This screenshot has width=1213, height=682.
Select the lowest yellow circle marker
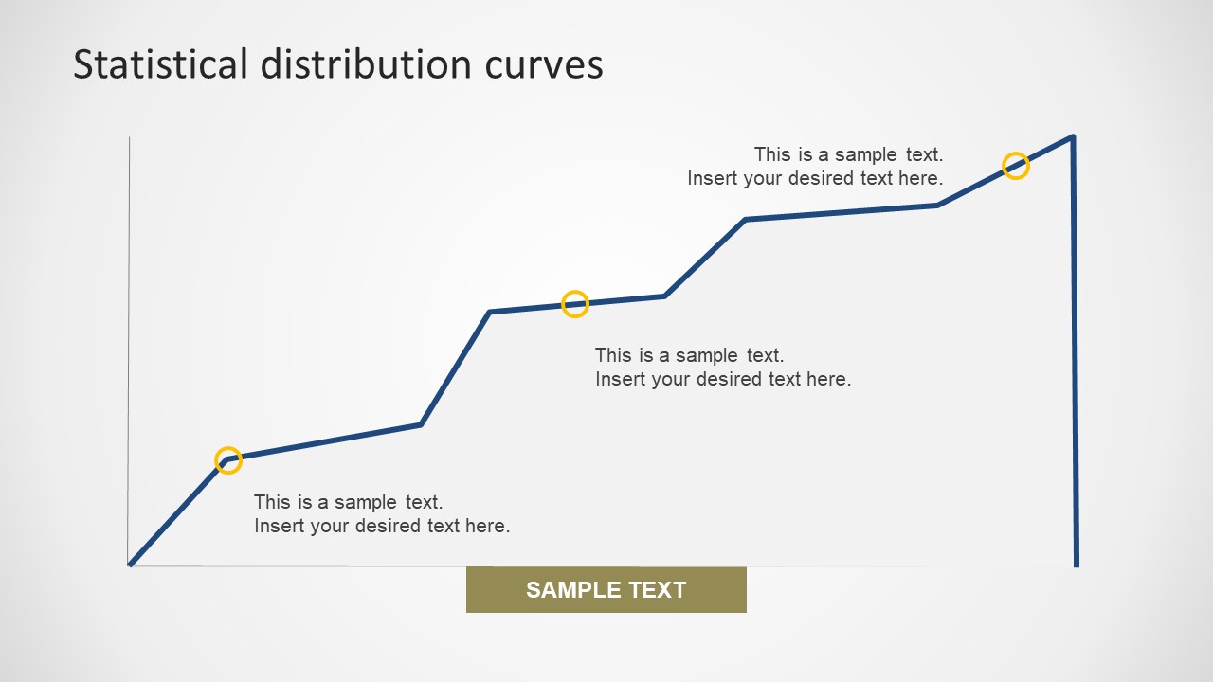pyautogui.click(x=228, y=460)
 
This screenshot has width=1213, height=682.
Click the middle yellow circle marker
pyautogui.click(x=575, y=304)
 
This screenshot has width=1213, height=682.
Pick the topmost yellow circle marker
pyautogui.click(x=1016, y=166)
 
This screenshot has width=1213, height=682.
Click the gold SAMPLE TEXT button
pyautogui.click(x=606, y=590)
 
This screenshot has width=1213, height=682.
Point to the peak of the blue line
pyautogui.click(x=1073, y=137)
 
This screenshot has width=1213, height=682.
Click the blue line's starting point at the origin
pyautogui.click(x=131, y=565)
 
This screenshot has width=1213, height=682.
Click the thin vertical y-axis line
pyautogui.click(x=129, y=350)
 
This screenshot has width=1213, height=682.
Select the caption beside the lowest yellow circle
pyautogui.click(x=382, y=513)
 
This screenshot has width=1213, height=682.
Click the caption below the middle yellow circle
pyautogui.click(x=723, y=367)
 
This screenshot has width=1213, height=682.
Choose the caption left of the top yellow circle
pyautogui.click(x=815, y=166)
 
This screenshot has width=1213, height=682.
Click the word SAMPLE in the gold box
pyautogui.click(x=566, y=590)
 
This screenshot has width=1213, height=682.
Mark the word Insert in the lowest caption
pyautogui.click(x=277, y=526)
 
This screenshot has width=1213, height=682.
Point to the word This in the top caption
pyautogui.click(x=771, y=154)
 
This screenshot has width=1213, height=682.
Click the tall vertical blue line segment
pyautogui.click(x=1075, y=350)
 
